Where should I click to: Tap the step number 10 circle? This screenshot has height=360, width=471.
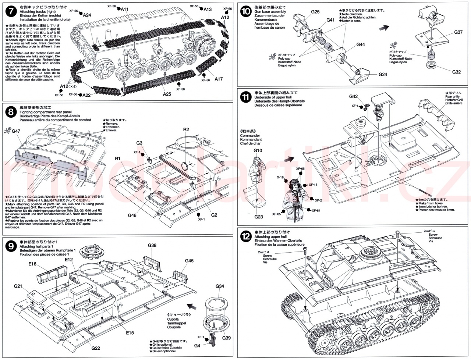(x=245, y=12)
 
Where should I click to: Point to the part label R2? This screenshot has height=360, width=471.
(x=186, y=130)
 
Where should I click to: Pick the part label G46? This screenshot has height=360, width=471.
(x=132, y=215)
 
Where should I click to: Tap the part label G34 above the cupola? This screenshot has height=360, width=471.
(x=219, y=286)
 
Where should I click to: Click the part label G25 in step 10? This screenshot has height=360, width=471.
(x=315, y=12)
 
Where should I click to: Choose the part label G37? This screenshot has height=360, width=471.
(x=458, y=32)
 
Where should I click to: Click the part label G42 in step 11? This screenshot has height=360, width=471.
(x=353, y=97)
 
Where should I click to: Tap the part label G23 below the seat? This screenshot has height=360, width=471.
(x=258, y=217)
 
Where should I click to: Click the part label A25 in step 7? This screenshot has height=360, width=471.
(x=167, y=94)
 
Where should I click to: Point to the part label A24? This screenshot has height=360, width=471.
(x=87, y=15)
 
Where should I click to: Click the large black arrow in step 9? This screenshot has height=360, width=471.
(x=191, y=306)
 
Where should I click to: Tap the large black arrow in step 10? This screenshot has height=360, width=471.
(x=385, y=28)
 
